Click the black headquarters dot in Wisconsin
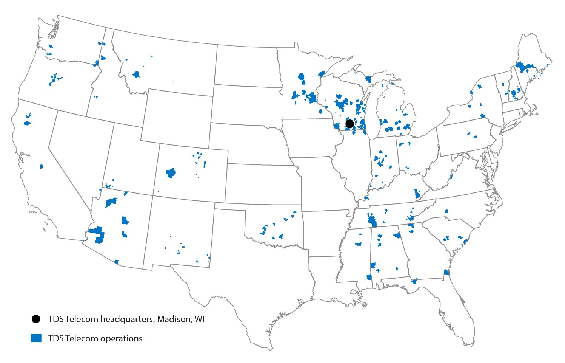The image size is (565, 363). (349, 123)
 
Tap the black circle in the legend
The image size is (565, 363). (36, 319)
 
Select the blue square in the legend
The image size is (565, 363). (36, 338)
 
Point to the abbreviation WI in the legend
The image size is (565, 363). (199, 319)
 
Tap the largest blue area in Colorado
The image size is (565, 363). (171, 173)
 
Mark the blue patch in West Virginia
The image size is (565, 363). (451, 177)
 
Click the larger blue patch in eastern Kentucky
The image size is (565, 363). (417, 194)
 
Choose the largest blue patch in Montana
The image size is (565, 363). (137, 74)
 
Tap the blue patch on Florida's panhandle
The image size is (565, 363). (414, 281)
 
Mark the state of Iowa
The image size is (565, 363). (309, 138)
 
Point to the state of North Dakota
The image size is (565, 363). (247, 66)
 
